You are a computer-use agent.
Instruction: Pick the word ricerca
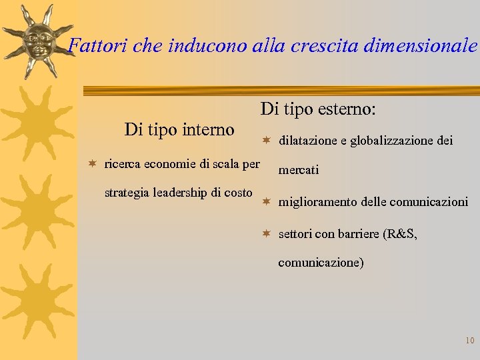tap(123, 164)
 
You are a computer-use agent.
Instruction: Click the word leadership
tap(179, 193)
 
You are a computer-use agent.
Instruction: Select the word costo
tap(237, 193)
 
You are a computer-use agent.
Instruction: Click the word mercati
tap(298, 170)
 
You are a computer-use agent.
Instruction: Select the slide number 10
tap(469, 341)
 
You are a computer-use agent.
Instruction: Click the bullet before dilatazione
tap(265, 140)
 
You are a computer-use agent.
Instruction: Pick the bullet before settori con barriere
tap(265, 233)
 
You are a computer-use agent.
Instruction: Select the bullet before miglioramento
tap(265, 201)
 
